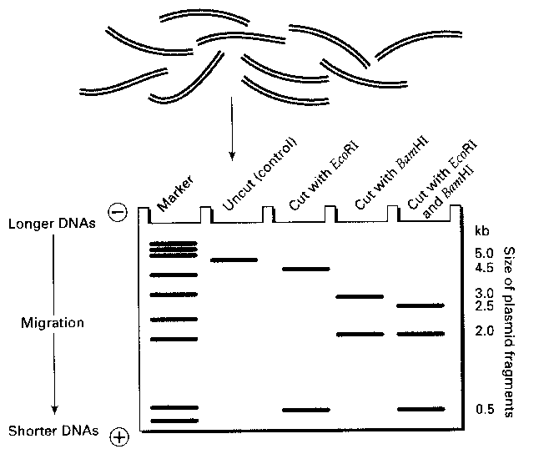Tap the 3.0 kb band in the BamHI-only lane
pos(359,296)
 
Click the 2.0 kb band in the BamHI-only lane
pos(359,335)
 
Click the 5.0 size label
pos(485,253)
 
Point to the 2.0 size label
pos(485,331)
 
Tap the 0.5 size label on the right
pos(485,409)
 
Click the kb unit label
pos(482,230)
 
